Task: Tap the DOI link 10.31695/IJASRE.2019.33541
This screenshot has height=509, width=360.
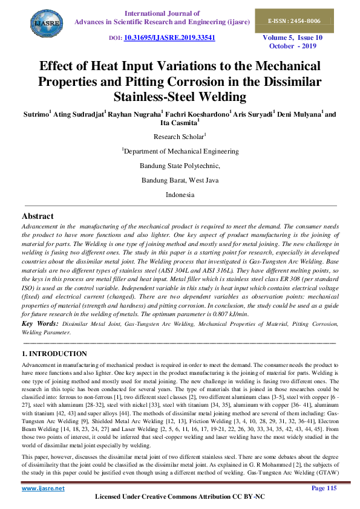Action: point(169,37)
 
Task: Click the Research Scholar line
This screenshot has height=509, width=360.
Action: point(180,137)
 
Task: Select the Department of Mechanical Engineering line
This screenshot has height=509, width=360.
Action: point(180,151)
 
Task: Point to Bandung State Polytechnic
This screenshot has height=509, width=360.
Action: point(180,166)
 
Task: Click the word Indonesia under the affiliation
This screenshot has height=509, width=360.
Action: point(180,195)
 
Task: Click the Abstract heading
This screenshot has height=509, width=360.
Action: point(38,216)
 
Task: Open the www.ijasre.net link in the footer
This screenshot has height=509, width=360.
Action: point(43,487)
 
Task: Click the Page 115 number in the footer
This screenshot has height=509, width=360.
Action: point(324,487)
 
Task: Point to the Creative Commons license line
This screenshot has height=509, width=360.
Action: point(180,496)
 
